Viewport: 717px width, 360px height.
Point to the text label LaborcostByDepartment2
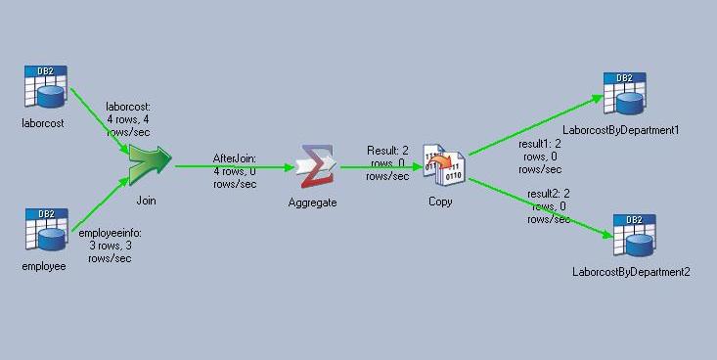pyautogui.click(x=631, y=271)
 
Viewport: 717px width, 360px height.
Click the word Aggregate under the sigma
pyautogui.click(x=313, y=202)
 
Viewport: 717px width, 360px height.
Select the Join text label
pyautogui.click(x=147, y=201)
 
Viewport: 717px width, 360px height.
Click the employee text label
pyautogui.click(x=44, y=266)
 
